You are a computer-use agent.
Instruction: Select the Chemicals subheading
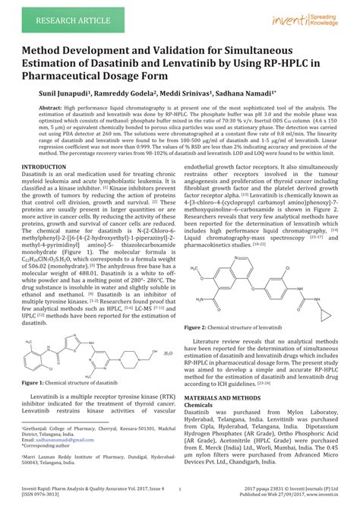click(202, 405)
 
